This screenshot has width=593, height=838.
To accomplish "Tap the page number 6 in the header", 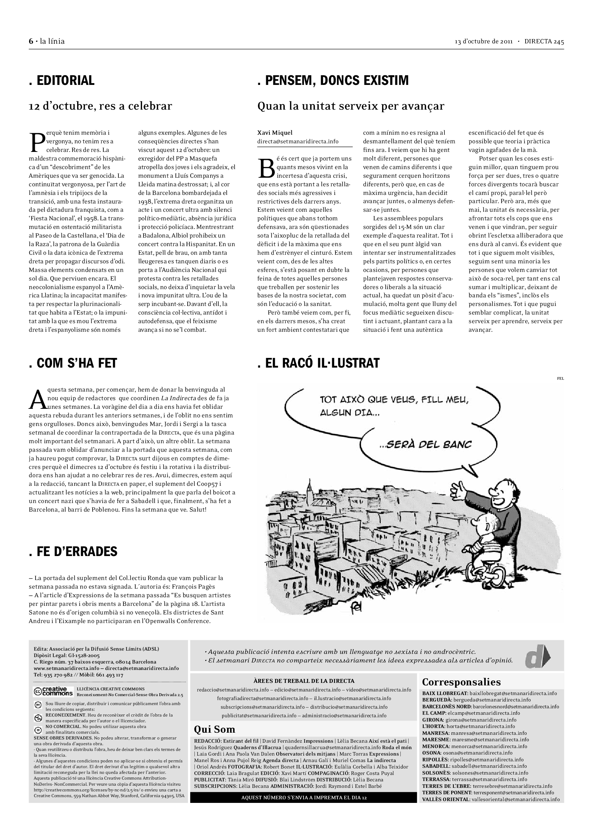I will click(31, 41).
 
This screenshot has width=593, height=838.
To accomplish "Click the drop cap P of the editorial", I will click(37, 142).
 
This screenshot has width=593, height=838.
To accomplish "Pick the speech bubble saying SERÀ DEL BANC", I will click(427, 445).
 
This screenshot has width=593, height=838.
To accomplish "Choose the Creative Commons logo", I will click(53, 691).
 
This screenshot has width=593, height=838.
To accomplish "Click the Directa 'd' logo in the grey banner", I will click(537, 657).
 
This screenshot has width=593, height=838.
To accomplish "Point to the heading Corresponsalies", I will click(461, 682).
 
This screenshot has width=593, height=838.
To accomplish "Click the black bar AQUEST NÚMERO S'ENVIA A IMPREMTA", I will click(303, 797).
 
